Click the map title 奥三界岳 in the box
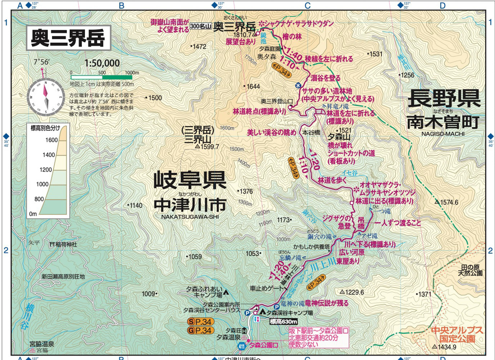tap(68, 38)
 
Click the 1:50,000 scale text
tap(102, 63)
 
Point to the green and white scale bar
tap(101, 77)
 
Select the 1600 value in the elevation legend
tap(51, 140)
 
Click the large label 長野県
tap(444, 98)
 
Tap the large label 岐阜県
tap(190, 180)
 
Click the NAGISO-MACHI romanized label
tap(443, 134)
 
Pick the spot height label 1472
tap(199, 46)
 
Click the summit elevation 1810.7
tap(242, 35)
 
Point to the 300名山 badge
tap(201, 26)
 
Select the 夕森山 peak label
tap(339, 137)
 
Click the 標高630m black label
tap(283, 321)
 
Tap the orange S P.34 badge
tap(200, 321)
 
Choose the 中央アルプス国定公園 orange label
tap(457, 334)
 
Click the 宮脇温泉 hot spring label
tap(42, 344)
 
